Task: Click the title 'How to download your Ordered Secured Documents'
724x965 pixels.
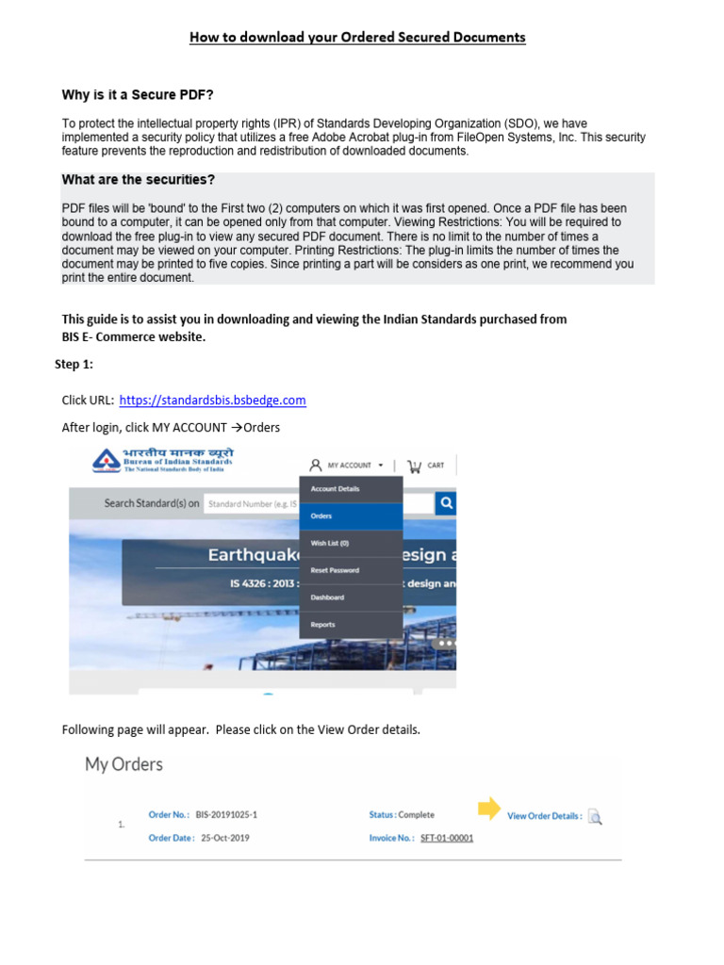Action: (x=357, y=38)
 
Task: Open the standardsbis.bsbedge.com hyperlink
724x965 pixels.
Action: (x=213, y=400)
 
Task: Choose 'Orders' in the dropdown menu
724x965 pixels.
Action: (x=321, y=516)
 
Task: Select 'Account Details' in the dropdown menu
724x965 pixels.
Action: (x=335, y=489)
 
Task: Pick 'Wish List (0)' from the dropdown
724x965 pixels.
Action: (x=330, y=543)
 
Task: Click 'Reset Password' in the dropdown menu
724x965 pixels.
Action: (x=335, y=570)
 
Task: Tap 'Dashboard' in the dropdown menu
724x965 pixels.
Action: (x=327, y=597)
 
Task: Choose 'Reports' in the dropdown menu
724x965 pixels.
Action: (x=322, y=625)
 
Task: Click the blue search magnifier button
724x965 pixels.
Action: (x=446, y=503)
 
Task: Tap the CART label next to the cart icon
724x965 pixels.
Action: (x=436, y=466)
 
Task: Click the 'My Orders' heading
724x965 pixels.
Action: (x=124, y=764)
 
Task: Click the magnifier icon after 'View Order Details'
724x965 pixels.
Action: (x=594, y=816)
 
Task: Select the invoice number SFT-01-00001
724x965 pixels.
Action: (x=447, y=838)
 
